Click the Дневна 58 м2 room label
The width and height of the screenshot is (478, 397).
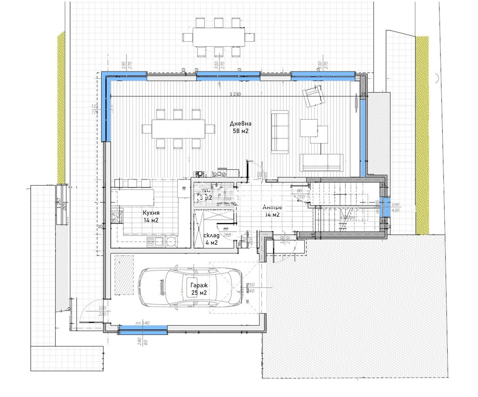click(240, 127)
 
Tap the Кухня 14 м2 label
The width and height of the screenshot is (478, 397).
click(151, 216)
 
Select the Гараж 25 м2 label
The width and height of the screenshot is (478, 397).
click(199, 289)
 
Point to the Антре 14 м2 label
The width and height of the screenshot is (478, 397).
click(272, 211)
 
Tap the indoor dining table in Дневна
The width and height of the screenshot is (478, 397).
click(178, 129)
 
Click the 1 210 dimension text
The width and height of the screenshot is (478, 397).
click(235, 94)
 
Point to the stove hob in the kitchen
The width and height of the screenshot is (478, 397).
click(117, 216)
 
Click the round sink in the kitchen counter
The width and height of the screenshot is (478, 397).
click(171, 242)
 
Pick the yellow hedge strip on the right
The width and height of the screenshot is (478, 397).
click(422, 134)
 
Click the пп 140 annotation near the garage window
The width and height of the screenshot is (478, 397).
click(142, 323)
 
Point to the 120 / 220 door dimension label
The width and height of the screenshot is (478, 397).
click(102, 311)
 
